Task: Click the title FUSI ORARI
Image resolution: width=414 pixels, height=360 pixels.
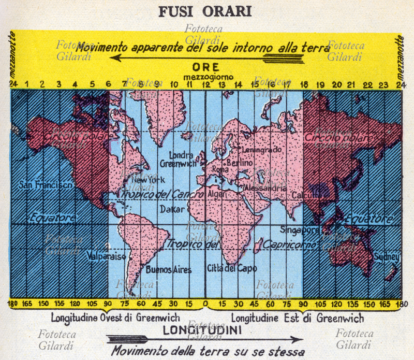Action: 206,11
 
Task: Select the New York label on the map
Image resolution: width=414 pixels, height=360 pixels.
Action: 151,180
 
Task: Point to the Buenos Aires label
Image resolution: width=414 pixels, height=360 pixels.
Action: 169,270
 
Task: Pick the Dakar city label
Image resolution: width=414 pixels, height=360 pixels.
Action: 169,210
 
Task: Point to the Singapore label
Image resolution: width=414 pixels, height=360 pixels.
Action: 300,229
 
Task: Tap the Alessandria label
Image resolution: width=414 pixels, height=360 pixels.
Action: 266,189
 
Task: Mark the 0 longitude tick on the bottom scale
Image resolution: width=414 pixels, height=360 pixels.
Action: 206,304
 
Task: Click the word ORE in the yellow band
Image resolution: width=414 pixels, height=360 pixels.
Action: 206,67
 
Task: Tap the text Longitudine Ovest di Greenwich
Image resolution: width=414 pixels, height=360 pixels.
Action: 115,318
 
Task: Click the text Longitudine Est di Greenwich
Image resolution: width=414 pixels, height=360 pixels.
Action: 297,318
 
